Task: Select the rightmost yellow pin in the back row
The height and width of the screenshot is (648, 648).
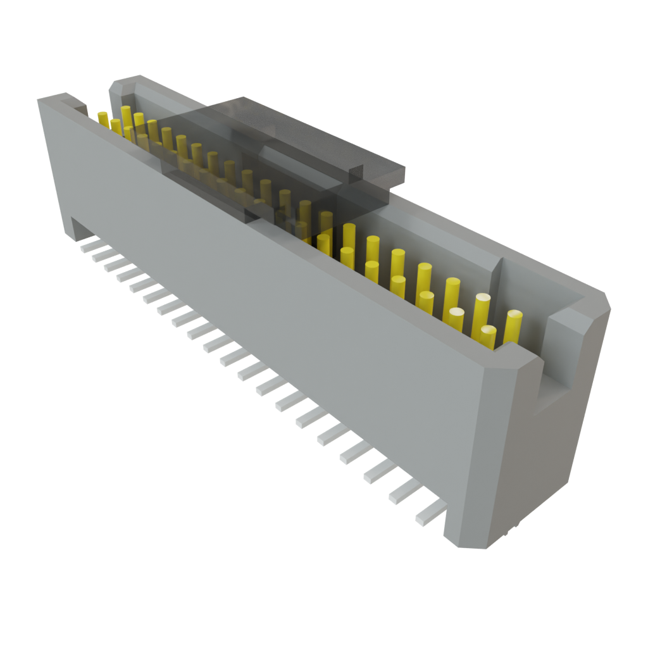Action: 513,326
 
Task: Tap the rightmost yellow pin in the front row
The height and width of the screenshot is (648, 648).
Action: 487,337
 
